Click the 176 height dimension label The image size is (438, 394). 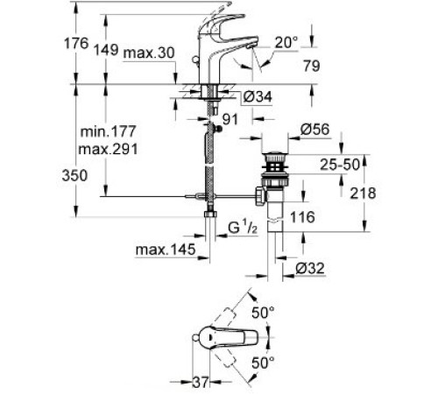click(x=76, y=44)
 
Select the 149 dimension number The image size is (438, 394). click(x=106, y=50)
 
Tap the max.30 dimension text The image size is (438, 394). click(x=149, y=53)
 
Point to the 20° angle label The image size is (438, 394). click(x=286, y=43)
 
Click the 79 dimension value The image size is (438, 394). click(x=312, y=66)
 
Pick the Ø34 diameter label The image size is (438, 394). click(x=258, y=96)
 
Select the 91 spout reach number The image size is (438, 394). click(x=230, y=119)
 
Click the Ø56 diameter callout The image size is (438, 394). click(x=314, y=129)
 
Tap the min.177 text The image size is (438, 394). click(x=108, y=131)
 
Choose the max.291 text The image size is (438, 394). click(x=108, y=150)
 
